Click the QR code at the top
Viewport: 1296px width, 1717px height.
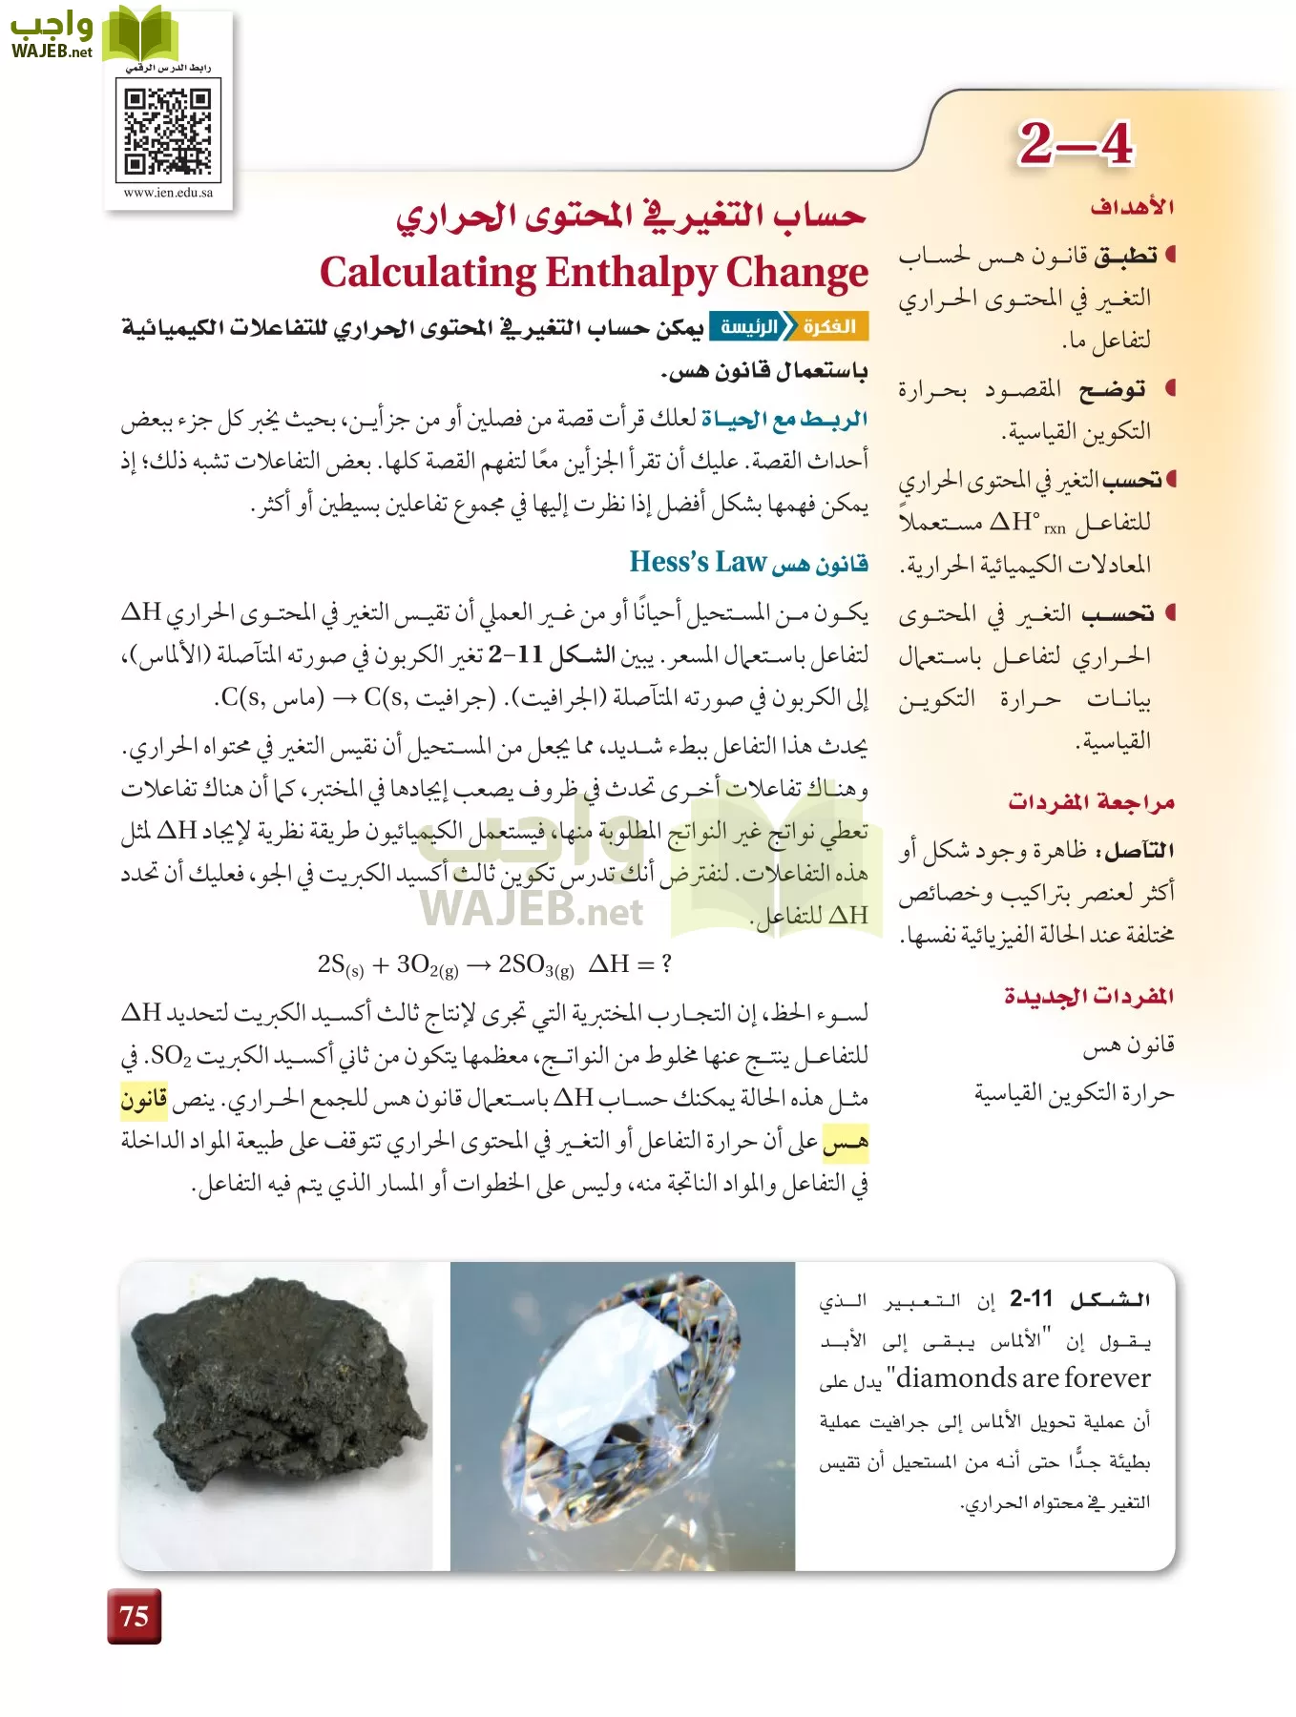168,130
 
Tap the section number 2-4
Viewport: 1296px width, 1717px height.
1075,144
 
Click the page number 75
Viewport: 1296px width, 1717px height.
135,1616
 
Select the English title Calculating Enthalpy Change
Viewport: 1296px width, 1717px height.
594,273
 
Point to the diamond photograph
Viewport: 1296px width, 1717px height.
622,1416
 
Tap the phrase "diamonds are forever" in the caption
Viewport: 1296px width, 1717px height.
1023,1378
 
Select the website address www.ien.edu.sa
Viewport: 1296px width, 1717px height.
168,193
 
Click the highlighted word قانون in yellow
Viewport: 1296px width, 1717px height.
144,1100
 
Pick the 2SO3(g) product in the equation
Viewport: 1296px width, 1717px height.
535,965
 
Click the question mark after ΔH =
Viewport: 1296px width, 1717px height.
665,964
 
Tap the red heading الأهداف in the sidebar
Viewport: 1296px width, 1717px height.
1132,207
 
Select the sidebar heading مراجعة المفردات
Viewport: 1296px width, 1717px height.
1091,801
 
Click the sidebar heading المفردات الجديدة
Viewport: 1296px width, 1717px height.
1089,996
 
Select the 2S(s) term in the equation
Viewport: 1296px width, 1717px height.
341,965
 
